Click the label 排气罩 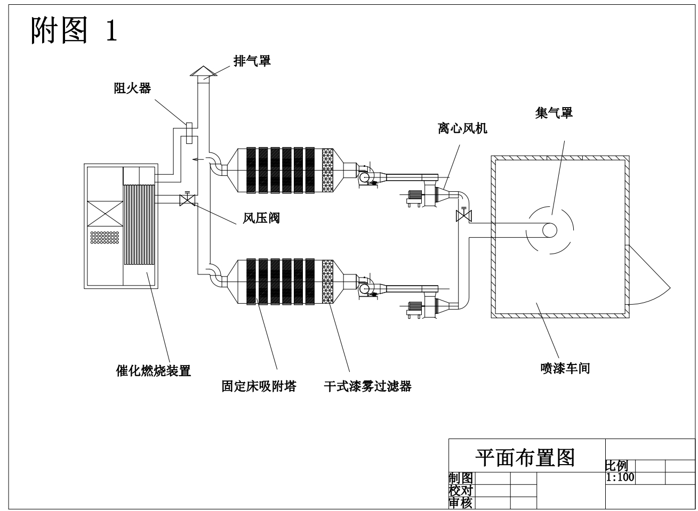252,61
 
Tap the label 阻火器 132,88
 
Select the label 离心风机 462,128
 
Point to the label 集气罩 554,113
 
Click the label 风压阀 261,218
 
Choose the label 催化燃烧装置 154,371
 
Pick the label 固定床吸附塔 259,386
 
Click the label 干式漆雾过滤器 368,386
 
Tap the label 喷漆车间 565,368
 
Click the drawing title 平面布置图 525,458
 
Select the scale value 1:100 620,477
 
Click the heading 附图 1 74,30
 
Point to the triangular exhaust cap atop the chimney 204,71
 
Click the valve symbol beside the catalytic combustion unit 187,199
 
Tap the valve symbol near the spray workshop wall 464,215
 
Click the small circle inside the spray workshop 550,230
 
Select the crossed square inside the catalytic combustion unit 105,214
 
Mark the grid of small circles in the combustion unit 105,237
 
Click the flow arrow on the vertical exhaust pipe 198,159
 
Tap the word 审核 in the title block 461,503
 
